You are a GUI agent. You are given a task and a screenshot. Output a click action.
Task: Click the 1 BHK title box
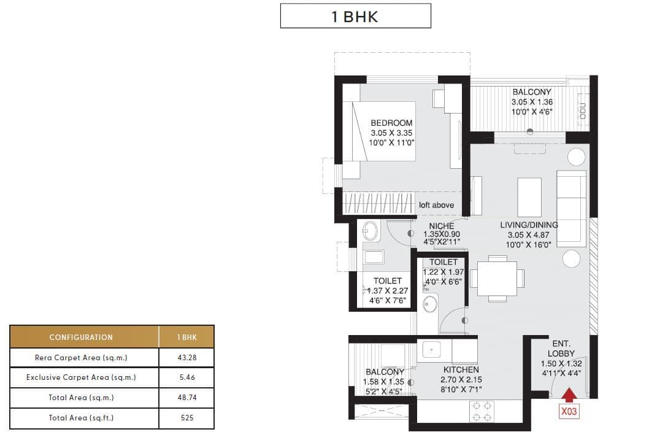click(355, 16)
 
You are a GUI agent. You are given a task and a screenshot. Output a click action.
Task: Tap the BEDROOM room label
click(392, 123)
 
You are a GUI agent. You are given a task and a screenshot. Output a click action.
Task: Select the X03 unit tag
click(569, 413)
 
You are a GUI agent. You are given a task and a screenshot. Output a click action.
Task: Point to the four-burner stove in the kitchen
click(482, 411)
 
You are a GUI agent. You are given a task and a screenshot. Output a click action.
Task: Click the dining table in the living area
click(497, 279)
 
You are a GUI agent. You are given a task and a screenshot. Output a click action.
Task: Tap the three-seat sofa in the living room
click(570, 206)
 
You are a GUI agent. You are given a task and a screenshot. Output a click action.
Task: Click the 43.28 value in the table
click(186, 357)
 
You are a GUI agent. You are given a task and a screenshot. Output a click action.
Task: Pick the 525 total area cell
click(186, 418)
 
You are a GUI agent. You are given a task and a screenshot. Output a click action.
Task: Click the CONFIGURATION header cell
click(82, 337)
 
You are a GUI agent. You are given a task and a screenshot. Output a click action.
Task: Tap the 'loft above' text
click(436, 205)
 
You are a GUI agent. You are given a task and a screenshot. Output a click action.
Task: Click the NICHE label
click(442, 226)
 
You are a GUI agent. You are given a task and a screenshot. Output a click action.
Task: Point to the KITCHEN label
click(461, 370)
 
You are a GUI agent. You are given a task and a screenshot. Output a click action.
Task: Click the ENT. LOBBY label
click(561, 349)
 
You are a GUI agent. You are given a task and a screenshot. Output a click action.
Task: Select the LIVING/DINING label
click(529, 225)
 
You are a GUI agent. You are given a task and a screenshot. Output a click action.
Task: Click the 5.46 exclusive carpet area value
click(186, 377)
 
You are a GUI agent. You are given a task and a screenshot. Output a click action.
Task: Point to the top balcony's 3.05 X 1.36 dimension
click(532, 102)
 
